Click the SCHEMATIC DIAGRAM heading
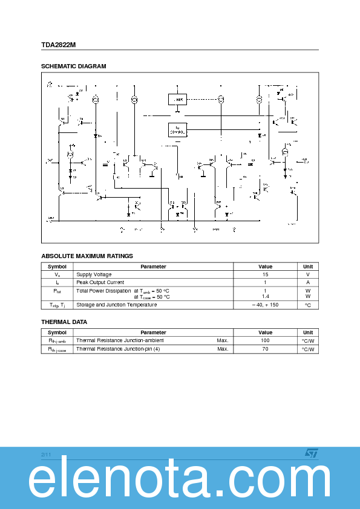(x=73, y=66)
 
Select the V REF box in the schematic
(x=177, y=99)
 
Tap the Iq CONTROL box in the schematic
(x=177, y=129)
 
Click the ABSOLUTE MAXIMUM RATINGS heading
(x=87, y=256)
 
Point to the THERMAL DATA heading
(x=64, y=322)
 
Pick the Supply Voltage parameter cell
(x=94, y=274)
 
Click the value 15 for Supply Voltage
(x=265, y=274)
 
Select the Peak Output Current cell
(x=100, y=282)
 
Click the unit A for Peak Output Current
(x=308, y=282)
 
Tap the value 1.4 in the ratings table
(x=265, y=297)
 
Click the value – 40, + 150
(x=265, y=305)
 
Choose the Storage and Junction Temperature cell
(x=116, y=305)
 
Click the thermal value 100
(x=265, y=340)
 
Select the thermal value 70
(x=265, y=349)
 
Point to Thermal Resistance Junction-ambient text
(x=120, y=340)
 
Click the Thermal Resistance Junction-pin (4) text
(x=118, y=349)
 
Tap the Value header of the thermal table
(x=265, y=332)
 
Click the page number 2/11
(x=47, y=454)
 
